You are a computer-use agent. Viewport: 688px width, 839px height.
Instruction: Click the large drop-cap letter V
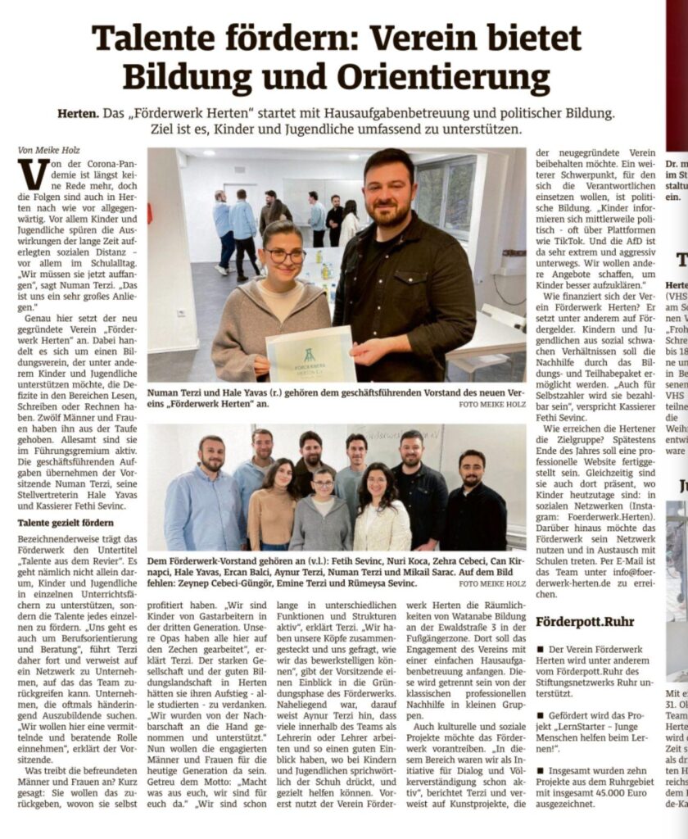tap(32, 175)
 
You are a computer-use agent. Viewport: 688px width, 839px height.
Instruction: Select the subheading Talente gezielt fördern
tap(69, 523)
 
